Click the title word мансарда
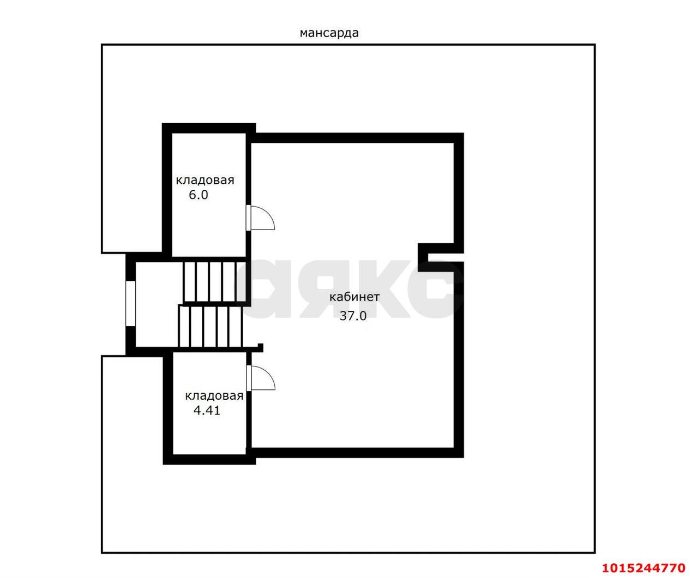click(329, 33)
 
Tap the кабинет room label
click(354, 297)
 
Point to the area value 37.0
click(353, 316)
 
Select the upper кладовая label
click(204, 180)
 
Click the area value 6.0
click(198, 195)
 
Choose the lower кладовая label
click(214, 396)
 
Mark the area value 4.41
click(207, 411)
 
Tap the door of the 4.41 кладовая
click(262, 378)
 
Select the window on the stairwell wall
click(130, 303)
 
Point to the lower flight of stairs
click(209, 326)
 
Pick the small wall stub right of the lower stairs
click(261, 347)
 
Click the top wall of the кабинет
click(354, 137)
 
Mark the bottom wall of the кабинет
click(354, 452)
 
